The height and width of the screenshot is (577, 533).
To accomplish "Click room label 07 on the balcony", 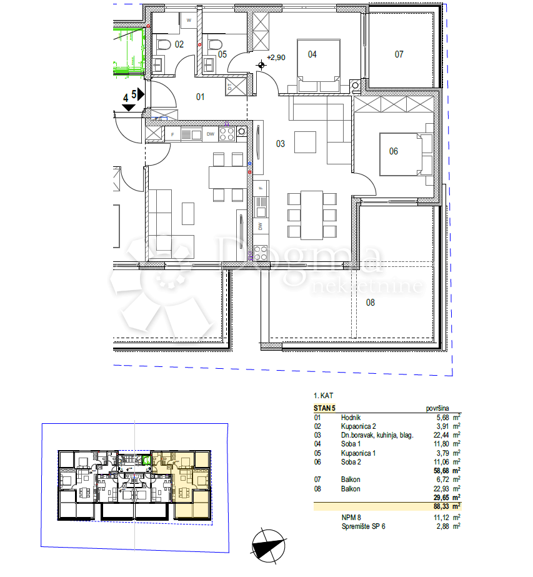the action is [399, 54].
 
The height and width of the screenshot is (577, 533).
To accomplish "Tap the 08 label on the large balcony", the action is [370, 303].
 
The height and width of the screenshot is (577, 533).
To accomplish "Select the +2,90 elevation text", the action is [276, 58].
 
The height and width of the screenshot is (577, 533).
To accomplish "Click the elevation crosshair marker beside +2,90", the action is [261, 66].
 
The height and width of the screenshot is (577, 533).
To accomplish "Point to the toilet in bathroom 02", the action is [164, 45].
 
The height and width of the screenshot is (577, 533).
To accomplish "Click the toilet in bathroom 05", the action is [215, 44].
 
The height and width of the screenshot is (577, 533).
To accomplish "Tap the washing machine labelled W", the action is [189, 20].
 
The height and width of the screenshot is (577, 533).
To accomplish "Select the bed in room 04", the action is [318, 66].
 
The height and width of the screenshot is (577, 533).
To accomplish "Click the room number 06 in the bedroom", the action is [393, 151].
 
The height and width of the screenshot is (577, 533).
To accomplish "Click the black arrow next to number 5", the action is [141, 94].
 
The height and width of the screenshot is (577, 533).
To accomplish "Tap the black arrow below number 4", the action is [128, 108].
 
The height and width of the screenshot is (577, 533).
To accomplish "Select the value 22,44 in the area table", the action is [441, 435].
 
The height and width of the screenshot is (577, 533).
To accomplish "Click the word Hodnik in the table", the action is [351, 418].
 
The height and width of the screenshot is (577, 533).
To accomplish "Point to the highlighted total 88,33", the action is [441, 507].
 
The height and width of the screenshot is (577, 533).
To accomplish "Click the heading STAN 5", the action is [324, 408].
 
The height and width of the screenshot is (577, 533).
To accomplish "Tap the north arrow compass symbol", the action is [269, 546].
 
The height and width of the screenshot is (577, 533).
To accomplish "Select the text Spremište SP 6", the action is [363, 526].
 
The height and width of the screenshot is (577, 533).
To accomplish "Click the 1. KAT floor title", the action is [323, 396].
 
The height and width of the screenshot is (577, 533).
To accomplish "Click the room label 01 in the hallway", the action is [200, 97].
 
